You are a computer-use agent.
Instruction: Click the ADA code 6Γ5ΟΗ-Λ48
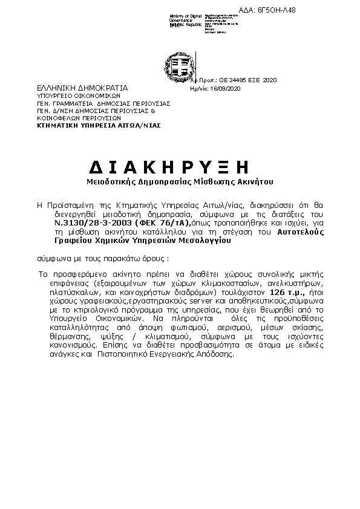coord(330,10)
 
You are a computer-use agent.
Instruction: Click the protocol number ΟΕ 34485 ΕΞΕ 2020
coord(249,80)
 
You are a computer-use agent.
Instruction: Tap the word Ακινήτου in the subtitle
coord(259,181)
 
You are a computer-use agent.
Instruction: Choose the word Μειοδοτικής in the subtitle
coord(107,181)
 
